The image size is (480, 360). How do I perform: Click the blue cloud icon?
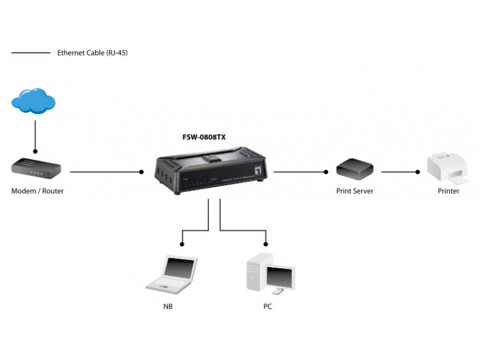pos(34,100)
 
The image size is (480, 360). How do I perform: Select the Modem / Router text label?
pos(37,191)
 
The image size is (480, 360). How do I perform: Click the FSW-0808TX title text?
pos(204,137)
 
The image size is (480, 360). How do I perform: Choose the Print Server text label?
pos(355,191)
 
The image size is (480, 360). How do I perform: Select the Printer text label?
pos(448,191)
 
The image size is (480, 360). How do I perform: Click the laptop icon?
pos(173,274)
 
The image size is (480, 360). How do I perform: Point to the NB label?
pos(168,307)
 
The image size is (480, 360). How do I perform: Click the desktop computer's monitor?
pos(280,277)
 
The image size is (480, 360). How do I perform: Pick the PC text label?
pos(268,307)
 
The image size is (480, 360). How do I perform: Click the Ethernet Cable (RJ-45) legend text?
pos(92,53)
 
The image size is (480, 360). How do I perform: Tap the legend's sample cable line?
pos(31,53)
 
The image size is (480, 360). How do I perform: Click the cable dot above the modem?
pos(36,151)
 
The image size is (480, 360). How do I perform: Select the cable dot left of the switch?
pos(142,172)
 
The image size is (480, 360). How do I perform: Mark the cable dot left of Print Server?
pos(325,172)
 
